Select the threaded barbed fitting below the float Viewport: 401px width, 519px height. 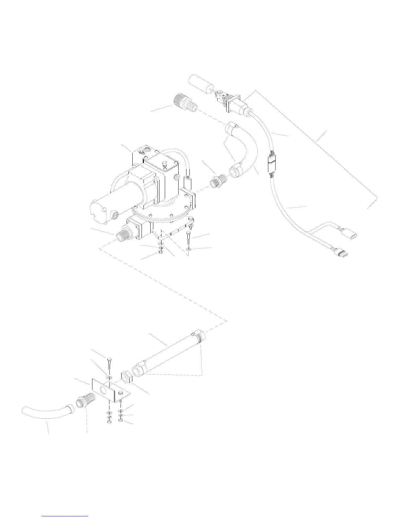pos(185,101)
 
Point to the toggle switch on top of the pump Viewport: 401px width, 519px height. pos(139,151)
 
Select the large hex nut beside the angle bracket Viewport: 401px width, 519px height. pos(126,376)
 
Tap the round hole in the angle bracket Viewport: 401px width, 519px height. pos(104,391)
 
